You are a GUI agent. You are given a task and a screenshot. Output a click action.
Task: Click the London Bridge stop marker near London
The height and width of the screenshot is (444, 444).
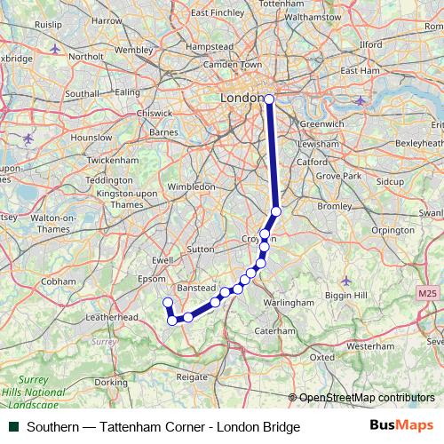[x=269, y=99]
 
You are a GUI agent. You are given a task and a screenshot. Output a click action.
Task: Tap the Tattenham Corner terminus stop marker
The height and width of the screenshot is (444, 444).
[x=166, y=304]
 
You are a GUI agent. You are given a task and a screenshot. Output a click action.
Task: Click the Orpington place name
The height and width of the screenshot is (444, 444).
[x=393, y=230]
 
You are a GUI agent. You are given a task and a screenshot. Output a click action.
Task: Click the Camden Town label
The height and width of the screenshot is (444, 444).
[x=232, y=65]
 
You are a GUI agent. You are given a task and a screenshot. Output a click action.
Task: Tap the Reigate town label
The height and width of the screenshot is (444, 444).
[x=192, y=377]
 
